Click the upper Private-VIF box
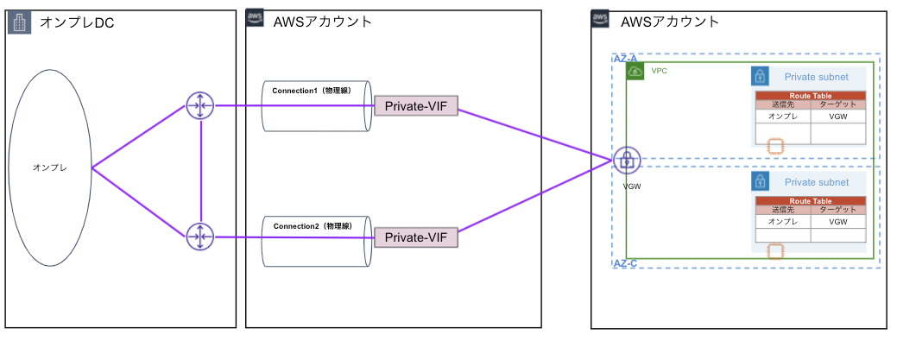click(x=415, y=106)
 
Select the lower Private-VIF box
click(x=415, y=237)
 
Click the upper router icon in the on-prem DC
click(x=199, y=106)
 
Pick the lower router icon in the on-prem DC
click(x=199, y=236)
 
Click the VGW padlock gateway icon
click(x=627, y=160)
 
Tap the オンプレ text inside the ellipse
click(x=49, y=169)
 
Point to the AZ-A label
click(x=625, y=58)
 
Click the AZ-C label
click(x=625, y=263)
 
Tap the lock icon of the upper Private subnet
click(x=760, y=76)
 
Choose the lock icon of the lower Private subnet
click(x=760, y=181)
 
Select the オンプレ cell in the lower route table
click(x=782, y=222)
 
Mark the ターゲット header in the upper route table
click(x=837, y=104)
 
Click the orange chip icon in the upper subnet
click(x=775, y=147)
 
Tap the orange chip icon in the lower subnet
click(x=775, y=251)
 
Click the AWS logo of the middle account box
click(x=256, y=20)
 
